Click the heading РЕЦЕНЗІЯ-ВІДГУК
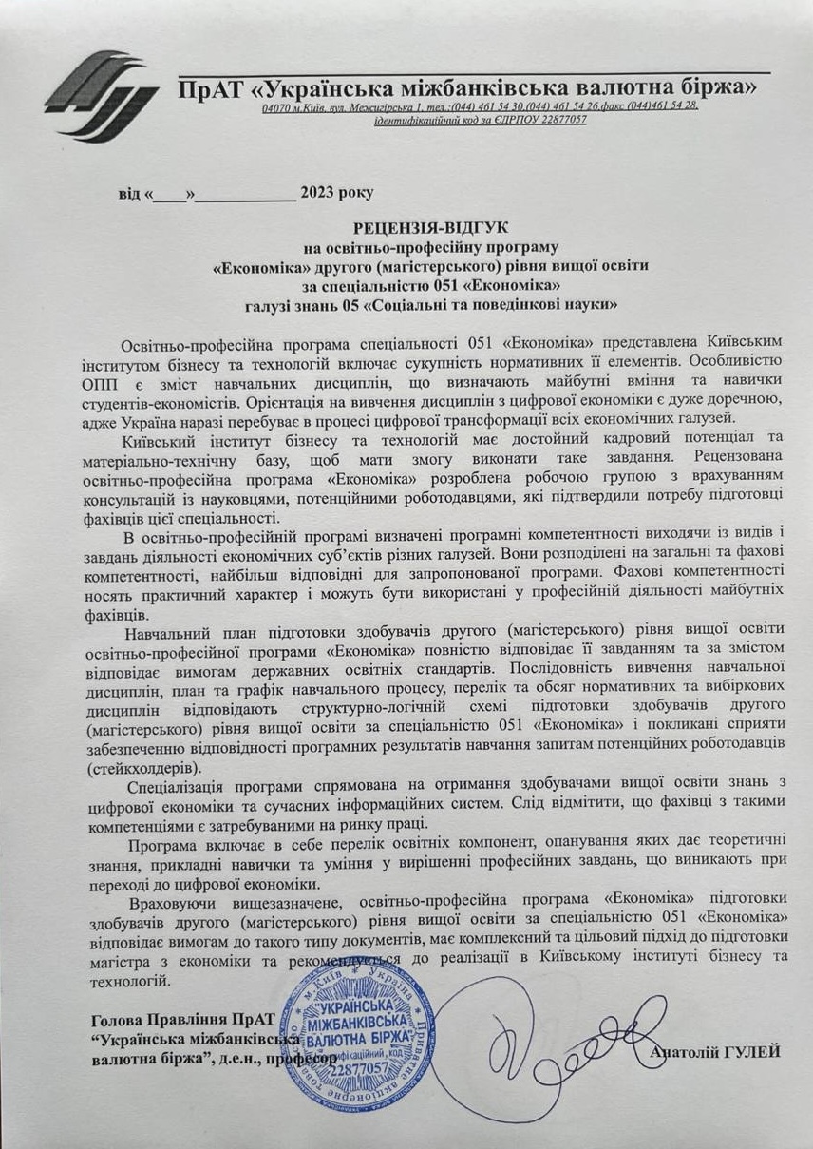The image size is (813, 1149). pos(431,228)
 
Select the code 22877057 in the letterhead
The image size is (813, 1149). pos(556,120)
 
